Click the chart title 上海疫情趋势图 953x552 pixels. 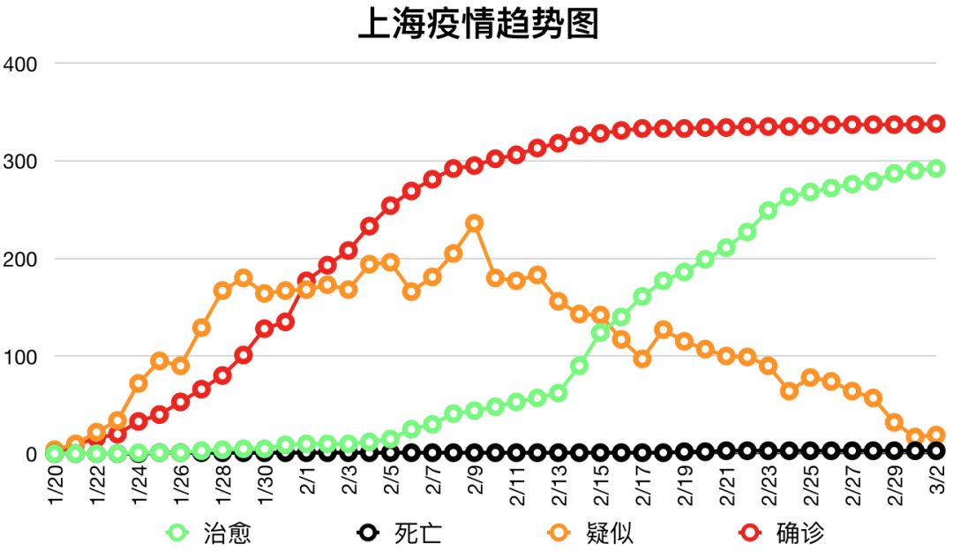click(477, 24)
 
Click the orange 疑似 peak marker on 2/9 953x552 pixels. click(474, 223)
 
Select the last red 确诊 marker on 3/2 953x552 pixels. click(936, 124)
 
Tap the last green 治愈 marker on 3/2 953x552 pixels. click(936, 169)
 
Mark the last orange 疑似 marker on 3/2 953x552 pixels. click(936, 435)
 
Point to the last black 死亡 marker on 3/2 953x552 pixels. click(936, 450)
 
